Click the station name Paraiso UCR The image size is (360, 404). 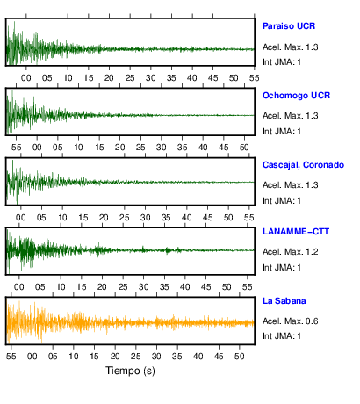pos(289,26)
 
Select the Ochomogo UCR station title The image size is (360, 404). pos(296,96)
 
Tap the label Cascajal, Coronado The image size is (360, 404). pos(303,165)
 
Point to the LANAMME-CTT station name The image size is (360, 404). pos(296,232)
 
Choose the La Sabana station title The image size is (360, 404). pos(284,301)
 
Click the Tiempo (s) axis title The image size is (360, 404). pos(130,371)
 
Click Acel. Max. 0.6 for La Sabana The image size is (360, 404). pos(290,321)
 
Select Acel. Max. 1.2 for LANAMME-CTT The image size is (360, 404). pos(290,252)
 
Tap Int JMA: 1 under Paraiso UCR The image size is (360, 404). pos(282,62)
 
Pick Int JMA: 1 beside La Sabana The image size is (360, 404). pos(282,336)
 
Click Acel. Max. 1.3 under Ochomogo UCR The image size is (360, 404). pos(290,116)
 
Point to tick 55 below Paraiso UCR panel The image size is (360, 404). pos(254,78)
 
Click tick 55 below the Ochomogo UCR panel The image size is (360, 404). pos(16,148)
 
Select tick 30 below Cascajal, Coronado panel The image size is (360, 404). pos(145,218)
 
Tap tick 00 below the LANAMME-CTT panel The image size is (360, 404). pos(19,286)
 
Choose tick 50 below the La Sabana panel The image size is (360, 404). pos(239,357)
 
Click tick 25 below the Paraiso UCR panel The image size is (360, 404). pos(130,78)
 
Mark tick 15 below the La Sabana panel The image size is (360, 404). pos(94,357)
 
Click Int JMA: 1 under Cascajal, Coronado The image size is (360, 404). pos(282,201)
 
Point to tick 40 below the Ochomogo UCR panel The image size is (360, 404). pos(203,148)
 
